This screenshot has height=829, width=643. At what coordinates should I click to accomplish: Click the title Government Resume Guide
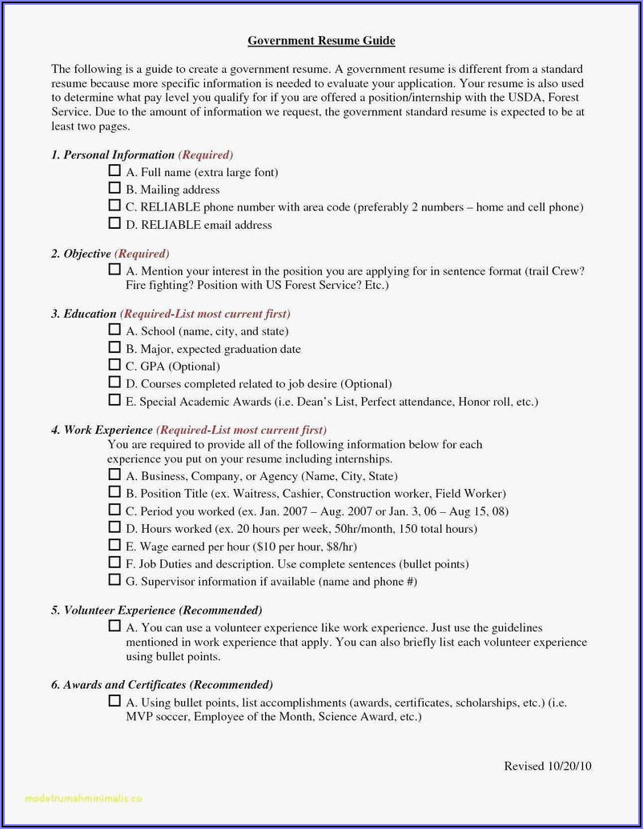click(321, 40)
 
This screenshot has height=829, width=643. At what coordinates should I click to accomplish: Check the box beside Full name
click(115, 171)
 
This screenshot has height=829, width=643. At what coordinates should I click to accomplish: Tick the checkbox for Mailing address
click(115, 189)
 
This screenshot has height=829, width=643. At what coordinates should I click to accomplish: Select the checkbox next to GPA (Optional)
click(115, 366)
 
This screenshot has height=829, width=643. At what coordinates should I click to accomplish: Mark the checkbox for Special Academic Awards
click(115, 401)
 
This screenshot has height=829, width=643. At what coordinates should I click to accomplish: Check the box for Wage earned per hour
click(115, 546)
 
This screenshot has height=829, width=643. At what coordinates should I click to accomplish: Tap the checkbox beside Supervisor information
click(115, 581)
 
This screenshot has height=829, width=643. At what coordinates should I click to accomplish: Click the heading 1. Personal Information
click(113, 154)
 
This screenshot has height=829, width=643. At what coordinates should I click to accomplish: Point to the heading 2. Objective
click(81, 254)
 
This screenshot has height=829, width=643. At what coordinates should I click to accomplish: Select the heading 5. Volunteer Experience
click(113, 611)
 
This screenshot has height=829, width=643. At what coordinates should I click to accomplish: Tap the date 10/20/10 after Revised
click(569, 766)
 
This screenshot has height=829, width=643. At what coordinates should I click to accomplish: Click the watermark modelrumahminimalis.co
click(83, 797)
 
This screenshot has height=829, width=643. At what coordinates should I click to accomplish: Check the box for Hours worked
click(115, 528)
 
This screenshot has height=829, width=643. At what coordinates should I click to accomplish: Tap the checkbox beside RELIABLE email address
click(115, 224)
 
